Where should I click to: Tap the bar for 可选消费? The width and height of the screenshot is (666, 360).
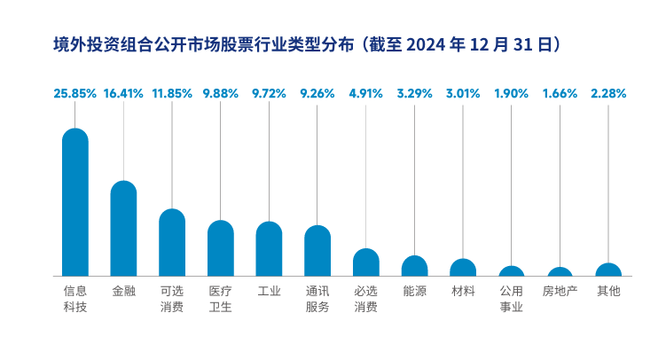click(x=172, y=243)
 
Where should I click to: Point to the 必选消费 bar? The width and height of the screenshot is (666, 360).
click(x=366, y=262)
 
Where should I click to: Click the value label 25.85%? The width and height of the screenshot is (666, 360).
click(x=75, y=92)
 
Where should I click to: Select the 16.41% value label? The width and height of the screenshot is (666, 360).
click(x=123, y=92)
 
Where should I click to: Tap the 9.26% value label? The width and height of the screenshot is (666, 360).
click(x=317, y=92)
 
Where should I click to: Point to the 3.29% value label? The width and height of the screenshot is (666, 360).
click(x=414, y=92)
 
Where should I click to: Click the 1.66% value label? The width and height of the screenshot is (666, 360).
click(x=560, y=92)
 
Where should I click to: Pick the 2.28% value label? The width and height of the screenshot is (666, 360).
click(x=608, y=92)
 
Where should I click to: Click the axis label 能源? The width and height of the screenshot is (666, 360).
click(x=414, y=290)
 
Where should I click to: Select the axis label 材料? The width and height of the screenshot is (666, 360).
click(x=463, y=290)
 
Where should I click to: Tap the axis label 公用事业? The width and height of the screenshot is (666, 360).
click(x=512, y=299)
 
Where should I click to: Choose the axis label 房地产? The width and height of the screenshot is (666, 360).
click(x=560, y=290)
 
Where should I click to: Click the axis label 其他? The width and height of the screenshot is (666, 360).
click(x=608, y=290)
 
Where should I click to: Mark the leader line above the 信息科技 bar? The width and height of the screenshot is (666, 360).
click(x=75, y=114)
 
